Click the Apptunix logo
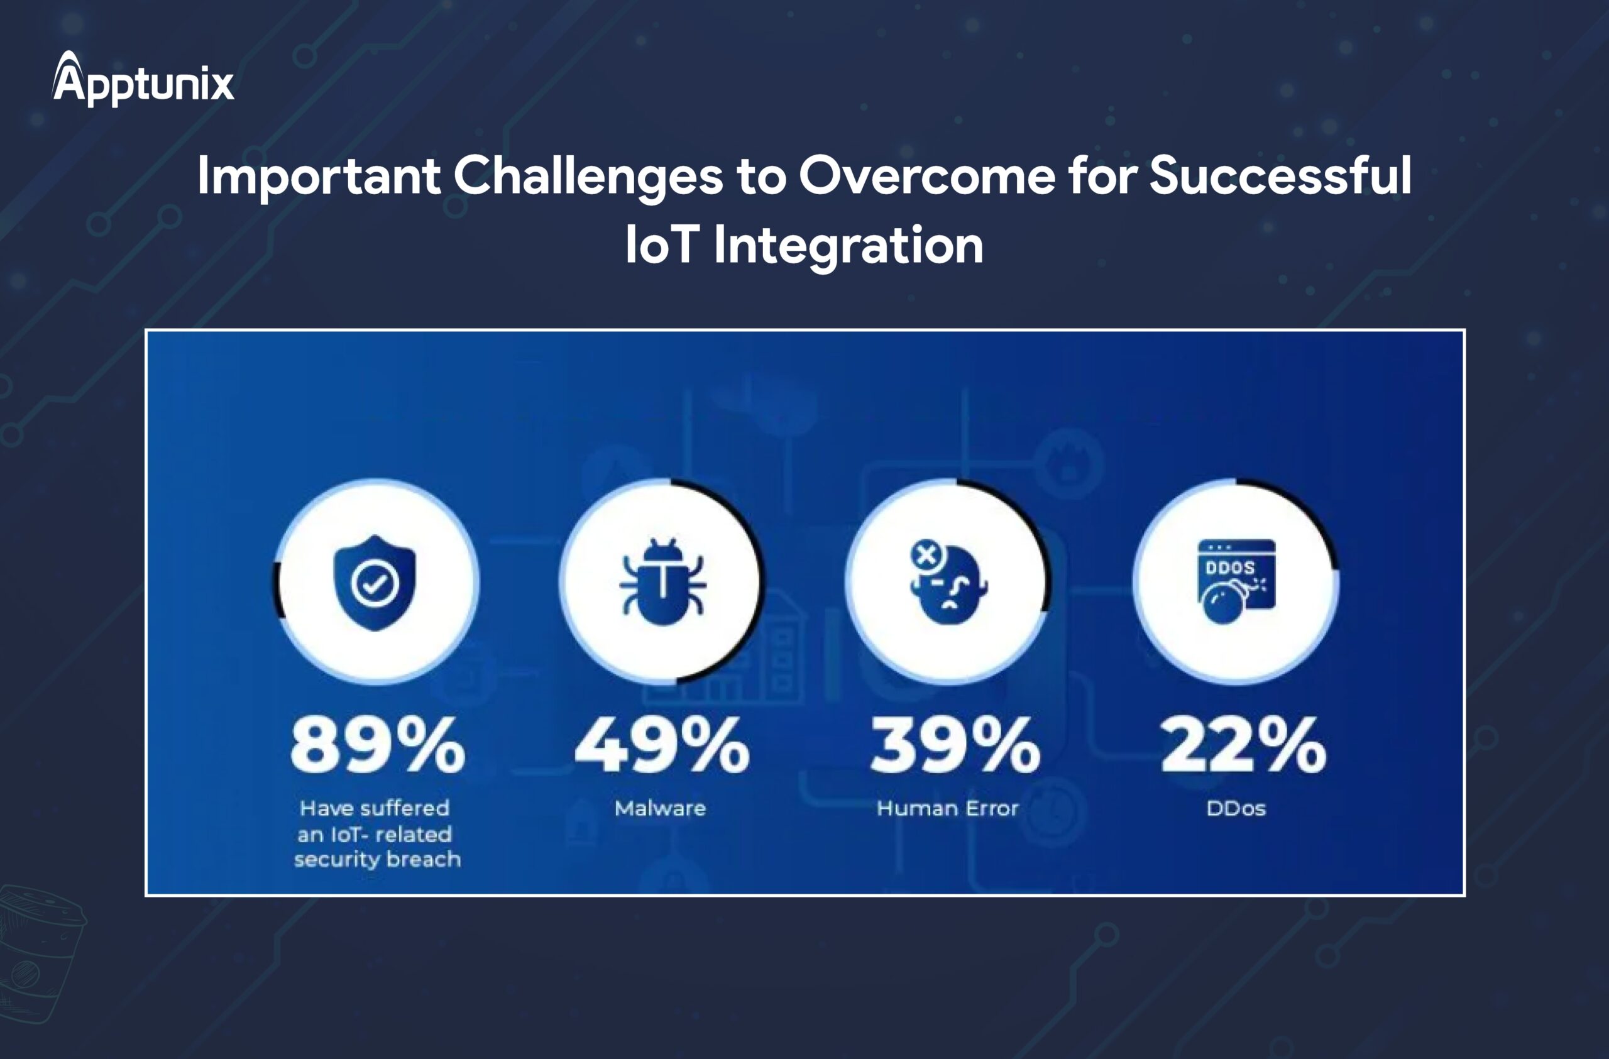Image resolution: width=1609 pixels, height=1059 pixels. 143,79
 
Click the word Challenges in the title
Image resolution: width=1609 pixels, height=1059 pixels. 588,177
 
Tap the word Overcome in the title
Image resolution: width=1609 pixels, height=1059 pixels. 927,176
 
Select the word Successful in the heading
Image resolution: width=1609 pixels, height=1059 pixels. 1280,175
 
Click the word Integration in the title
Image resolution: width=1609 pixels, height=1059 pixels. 848,246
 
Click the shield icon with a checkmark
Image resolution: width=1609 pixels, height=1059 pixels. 375,583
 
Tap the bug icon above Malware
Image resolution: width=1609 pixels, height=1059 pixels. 662,581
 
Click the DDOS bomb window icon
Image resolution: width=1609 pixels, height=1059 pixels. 1236,581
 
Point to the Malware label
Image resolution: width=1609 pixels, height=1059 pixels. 660,808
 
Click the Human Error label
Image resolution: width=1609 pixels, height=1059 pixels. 947,808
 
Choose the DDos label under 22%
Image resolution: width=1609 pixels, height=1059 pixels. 1236,808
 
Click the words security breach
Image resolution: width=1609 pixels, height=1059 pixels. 377,860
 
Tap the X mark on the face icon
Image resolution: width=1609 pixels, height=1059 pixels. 926,556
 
